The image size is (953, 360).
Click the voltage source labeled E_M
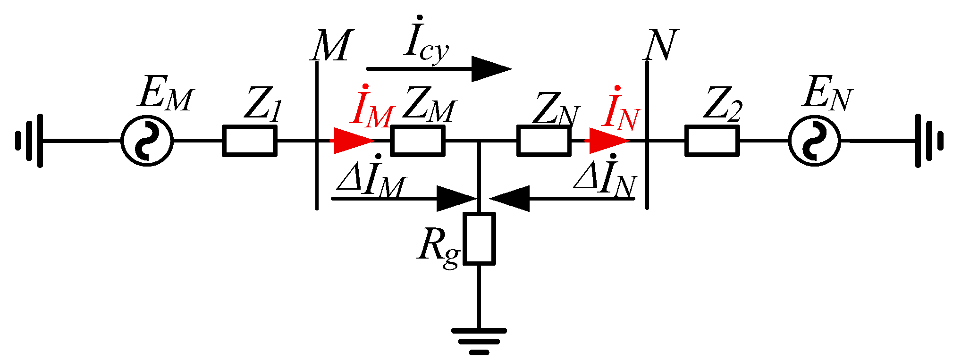pyautogui.click(x=147, y=141)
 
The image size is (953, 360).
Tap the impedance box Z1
pyautogui.click(x=249, y=141)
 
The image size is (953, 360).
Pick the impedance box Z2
pyautogui.click(x=712, y=141)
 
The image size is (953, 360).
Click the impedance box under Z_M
pyautogui.click(x=418, y=141)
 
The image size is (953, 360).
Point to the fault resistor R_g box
pyautogui.click(x=479, y=238)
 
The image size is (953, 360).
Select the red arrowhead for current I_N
pyautogui.click(x=609, y=141)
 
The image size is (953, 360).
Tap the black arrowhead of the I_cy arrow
pyautogui.click(x=491, y=69)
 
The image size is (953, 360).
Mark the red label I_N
pyautogui.click(x=621, y=109)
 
